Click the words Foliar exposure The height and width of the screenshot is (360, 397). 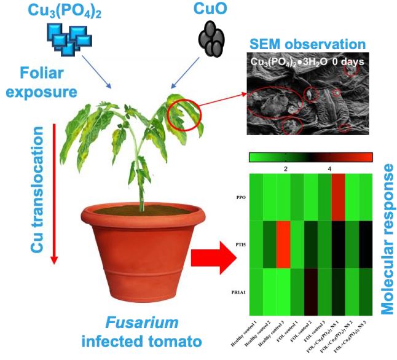[x=44, y=83]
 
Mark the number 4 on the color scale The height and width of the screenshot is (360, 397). [x=329, y=168]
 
